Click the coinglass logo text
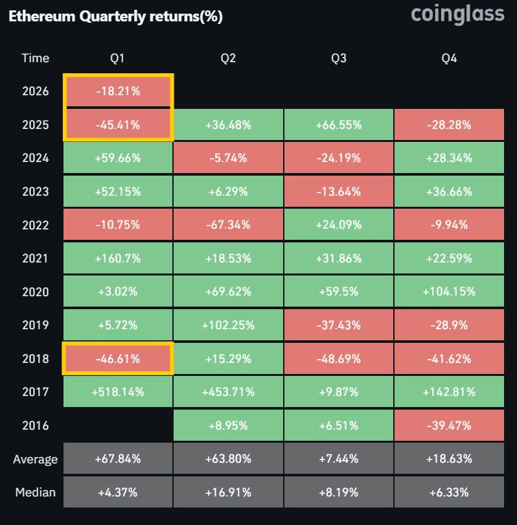click(x=457, y=14)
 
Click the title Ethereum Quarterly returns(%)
click(x=115, y=17)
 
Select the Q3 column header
click(x=338, y=58)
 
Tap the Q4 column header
click(x=449, y=58)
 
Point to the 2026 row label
click(x=35, y=91)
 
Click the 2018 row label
click(x=35, y=358)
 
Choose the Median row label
click(x=35, y=492)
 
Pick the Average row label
click(x=35, y=460)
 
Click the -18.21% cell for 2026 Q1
click(x=117, y=91)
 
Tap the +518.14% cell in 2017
click(x=117, y=392)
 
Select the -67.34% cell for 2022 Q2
click(x=228, y=225)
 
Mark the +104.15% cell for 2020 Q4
click(x=449, y=292)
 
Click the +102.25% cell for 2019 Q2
click(x=228, y=325)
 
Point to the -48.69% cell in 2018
click(x=338, y=358)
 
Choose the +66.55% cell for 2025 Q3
click(x=338, y=124)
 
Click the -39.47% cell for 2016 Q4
click(x=449, y=425)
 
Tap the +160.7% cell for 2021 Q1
click(x=117, y=259)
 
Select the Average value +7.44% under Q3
click(x=338, y=460)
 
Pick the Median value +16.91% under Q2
click(x=228, y=492)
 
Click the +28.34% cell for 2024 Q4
click(x=449, y=158)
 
